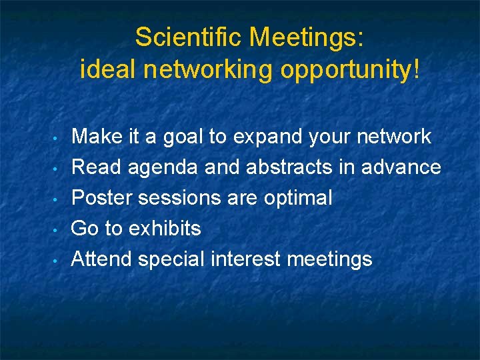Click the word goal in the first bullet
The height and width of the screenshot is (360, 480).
click(180, 137)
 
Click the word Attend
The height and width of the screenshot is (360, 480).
click(101, 259)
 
